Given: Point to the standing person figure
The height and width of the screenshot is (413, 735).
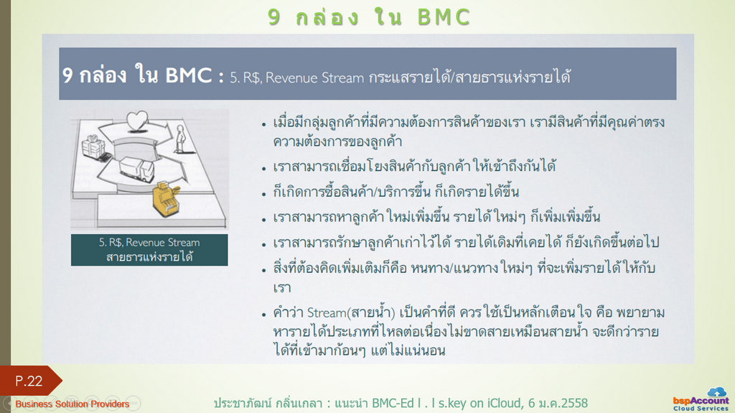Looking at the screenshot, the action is (180, 139).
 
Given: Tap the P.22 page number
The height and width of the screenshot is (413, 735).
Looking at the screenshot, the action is (29, 381).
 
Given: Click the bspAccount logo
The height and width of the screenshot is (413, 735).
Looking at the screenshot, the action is (701, 400).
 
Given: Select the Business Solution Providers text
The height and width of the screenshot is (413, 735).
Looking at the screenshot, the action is (72, 404).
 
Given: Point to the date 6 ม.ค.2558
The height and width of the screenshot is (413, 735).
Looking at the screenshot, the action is (558, 403).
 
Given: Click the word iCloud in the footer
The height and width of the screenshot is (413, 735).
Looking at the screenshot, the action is (505, 403).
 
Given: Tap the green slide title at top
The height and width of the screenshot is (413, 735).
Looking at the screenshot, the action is (369, 17).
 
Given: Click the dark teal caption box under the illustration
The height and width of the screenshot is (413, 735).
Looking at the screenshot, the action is (149, 250).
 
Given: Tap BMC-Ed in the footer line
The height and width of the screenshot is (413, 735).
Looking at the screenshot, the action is (393, 403).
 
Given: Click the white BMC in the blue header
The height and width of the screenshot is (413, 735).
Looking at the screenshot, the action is (189, 75).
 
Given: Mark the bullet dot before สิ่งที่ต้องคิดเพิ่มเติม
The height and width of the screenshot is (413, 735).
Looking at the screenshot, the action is (264, 270).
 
